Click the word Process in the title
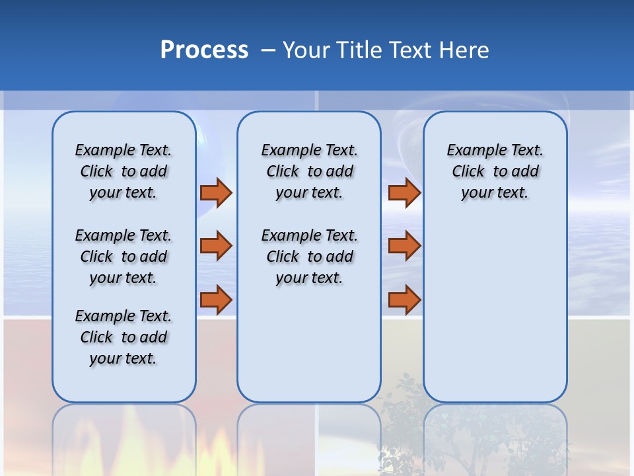(x=204, y=50)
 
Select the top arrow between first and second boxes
(x=216, y=192)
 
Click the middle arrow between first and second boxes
(x=216, y=246)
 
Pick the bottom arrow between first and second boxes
(x=216, y=300)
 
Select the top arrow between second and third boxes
(x=404, y=192)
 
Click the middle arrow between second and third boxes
(x=404, y=246)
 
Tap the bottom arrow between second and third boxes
(x=404, y=300)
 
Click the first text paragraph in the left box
(x=123, y=171)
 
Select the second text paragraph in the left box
(x=123, y=257)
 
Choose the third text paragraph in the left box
(x=123, y=337)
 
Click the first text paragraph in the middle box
(x=309, y=171)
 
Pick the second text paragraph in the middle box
(x=309, y=257)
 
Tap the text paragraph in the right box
(x=495, y=171)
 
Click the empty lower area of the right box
(x=495, y=317)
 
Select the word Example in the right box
(x=472, y=151)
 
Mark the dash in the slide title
(x=268, y=50)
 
